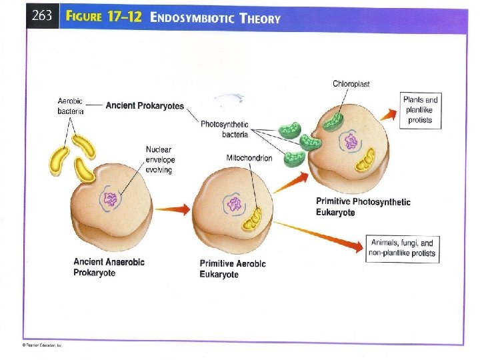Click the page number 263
[x=41, y=17]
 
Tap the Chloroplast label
[x=351, y=83]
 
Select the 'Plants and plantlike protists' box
[x=421, y=110]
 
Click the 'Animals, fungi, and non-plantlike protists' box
[x=403, y=248]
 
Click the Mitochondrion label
[x=249, y=158]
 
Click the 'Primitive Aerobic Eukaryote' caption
[x=232, y=269]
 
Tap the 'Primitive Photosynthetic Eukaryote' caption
[x=363, y=207]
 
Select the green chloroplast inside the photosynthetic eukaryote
[x=335, y=121]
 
